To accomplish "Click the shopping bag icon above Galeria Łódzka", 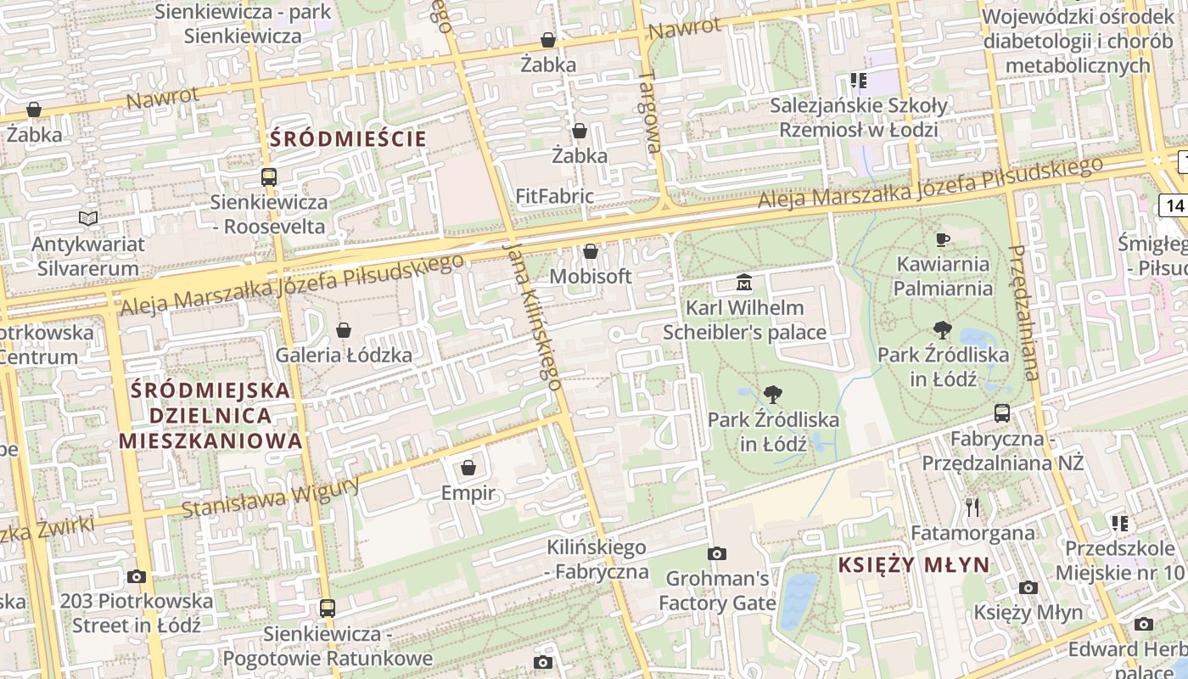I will pos(344,330).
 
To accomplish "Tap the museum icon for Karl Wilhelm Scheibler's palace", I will pos(744,283).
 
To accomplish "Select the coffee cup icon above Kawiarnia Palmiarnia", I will pos(942,239).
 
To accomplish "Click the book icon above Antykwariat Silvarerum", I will pos(88,219).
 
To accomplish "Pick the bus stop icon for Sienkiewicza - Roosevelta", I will pos(268,177).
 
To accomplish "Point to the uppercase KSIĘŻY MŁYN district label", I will pos(913,565).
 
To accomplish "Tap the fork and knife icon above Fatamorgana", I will pos(972,508).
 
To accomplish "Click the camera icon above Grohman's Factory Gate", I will pos(717,554).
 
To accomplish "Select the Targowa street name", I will pos(650,111).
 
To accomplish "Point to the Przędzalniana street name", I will pos(1024,312).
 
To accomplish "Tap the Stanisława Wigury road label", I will pos(271,497).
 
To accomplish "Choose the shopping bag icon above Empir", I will pos(468,468).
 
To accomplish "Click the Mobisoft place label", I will pos(591,277).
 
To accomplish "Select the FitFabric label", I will pos(554,196).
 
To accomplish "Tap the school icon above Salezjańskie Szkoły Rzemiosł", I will pos(858,81).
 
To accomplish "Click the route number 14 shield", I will pos(1174,205).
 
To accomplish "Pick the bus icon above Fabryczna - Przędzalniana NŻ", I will pos(1002,413).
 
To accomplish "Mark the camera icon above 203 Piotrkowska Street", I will pos(136,577).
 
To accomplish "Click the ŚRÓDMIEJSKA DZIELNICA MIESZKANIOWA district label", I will pos(210,416).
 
